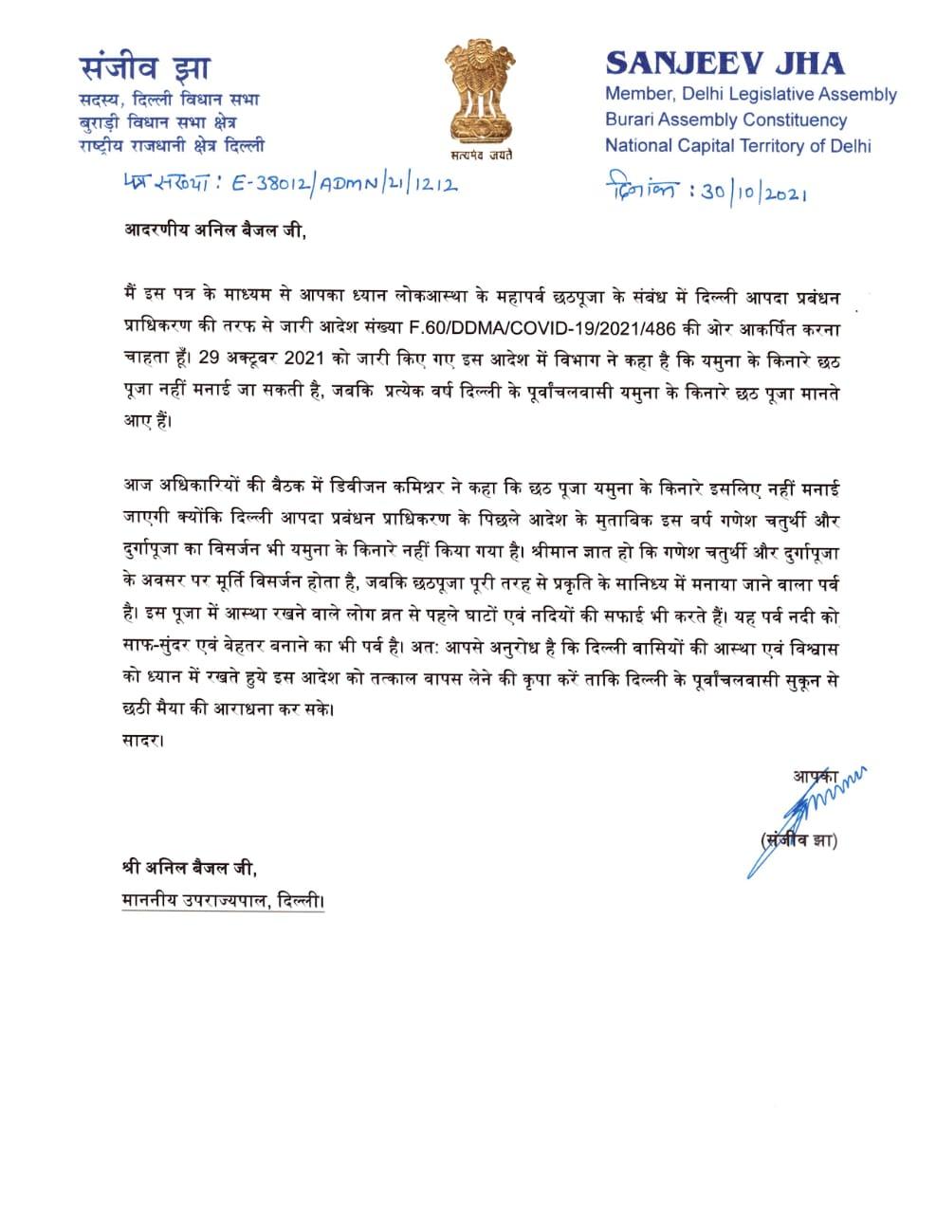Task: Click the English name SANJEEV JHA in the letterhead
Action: point(725,63)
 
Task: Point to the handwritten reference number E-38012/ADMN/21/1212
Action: point(312,186)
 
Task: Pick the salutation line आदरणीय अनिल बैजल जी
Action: point(216,230)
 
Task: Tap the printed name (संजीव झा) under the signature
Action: point(798,840)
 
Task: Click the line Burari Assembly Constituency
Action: point(725,120)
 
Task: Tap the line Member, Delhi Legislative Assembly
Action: point(750,94)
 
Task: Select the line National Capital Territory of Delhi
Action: point(738,146)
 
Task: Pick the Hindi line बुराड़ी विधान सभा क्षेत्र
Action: point(157,121)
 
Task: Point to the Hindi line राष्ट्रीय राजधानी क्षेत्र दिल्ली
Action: point(172,146)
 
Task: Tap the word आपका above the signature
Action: point(814,777)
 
